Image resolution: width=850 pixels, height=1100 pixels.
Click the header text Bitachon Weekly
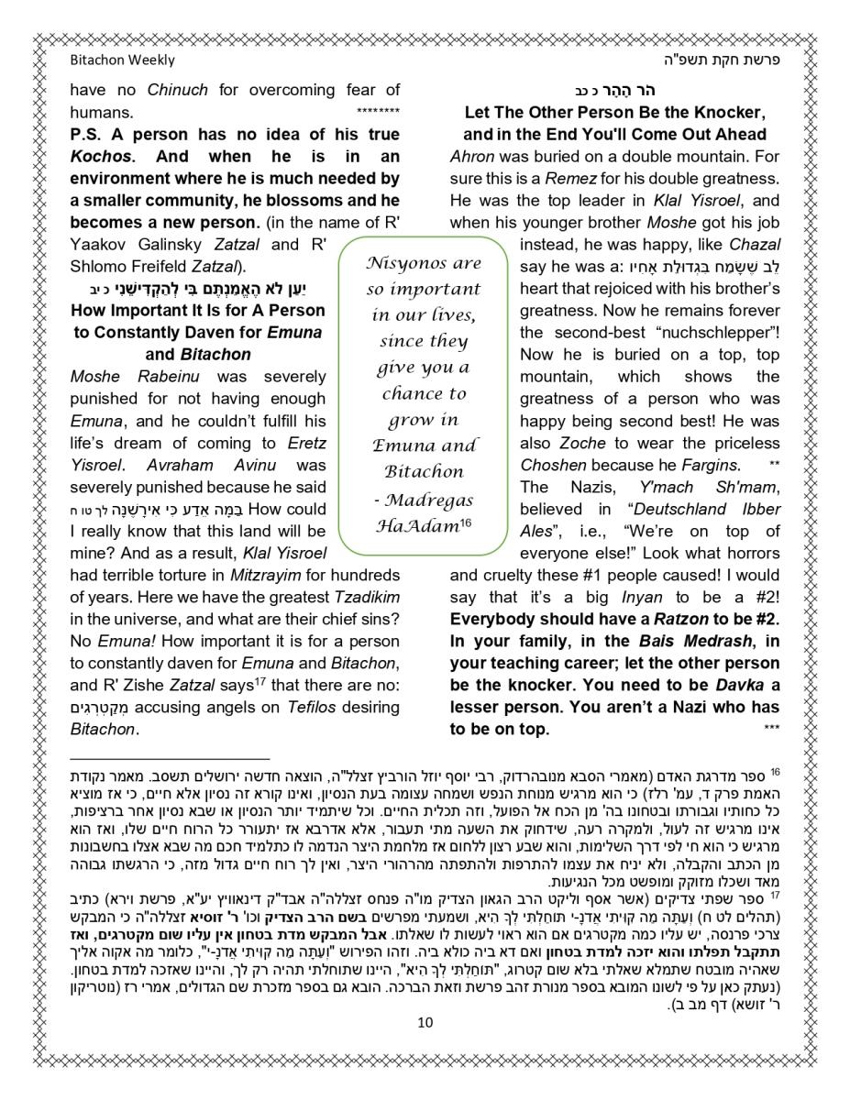(122, 60)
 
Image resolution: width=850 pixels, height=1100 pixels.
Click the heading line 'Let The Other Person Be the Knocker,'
(614, 113)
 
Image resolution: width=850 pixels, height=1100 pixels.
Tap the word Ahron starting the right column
(472, 156)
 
